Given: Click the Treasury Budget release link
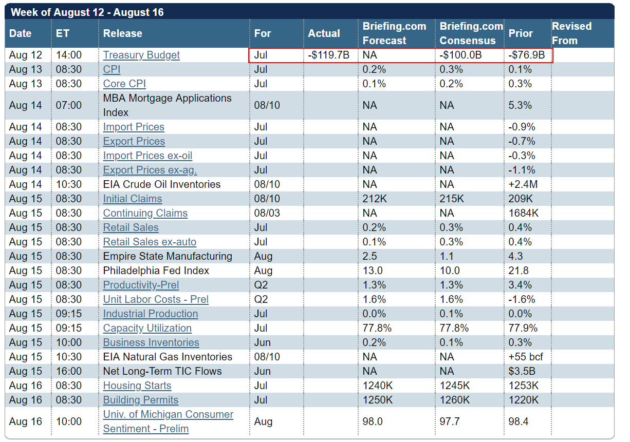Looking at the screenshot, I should pyautogui.click(x=141, y=55).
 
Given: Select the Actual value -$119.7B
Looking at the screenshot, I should pyautogui.click(x=329, y=55).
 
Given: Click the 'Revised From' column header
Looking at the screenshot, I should pyautogui.click(x=571, y=33).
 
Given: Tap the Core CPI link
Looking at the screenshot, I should pyautogui.click(x=125, y=84).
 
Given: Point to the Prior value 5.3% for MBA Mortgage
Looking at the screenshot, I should pyautogui.click(x=519, y=105).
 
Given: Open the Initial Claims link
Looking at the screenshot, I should pyautogui.click(x=133, y=199).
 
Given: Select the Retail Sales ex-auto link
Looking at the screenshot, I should pyautogui.click(x=150, y=242).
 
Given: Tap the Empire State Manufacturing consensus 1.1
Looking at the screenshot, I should pyautogui.click(x=447, y=256).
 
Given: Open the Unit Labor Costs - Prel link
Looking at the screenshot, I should pyautogui.click(x=156, y=299).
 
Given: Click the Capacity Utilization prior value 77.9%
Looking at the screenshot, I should pyautogui.click(x=522, y=328).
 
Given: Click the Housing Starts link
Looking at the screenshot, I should pyautogui.click(x=137, y=386).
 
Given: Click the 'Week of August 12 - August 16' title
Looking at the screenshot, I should pyautogui.click(x=87, y=12).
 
